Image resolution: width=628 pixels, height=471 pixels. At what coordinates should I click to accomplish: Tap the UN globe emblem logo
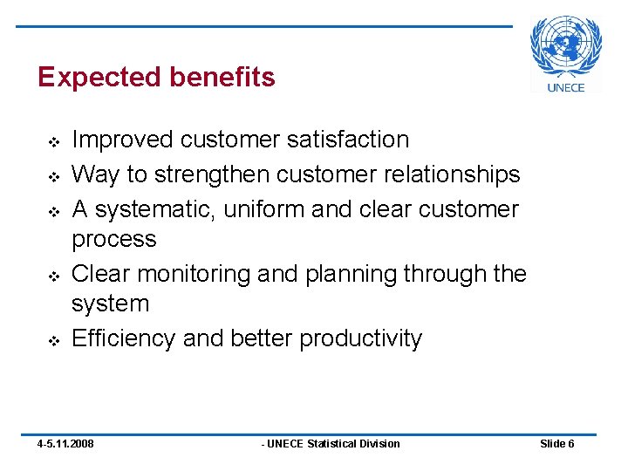point(566,48)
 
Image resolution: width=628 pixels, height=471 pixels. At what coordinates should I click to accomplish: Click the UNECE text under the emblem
point(566,87)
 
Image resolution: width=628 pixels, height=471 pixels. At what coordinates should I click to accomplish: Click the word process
point(114,240)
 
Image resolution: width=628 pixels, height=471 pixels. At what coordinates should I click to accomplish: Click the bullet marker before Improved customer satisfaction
point(51,141)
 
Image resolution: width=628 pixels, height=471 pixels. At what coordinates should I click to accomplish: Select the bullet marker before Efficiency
point(51,340)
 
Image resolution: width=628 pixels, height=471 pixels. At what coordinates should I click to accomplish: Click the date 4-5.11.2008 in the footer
point(65,444)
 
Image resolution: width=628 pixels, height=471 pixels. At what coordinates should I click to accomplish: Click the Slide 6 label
point(557,444)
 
